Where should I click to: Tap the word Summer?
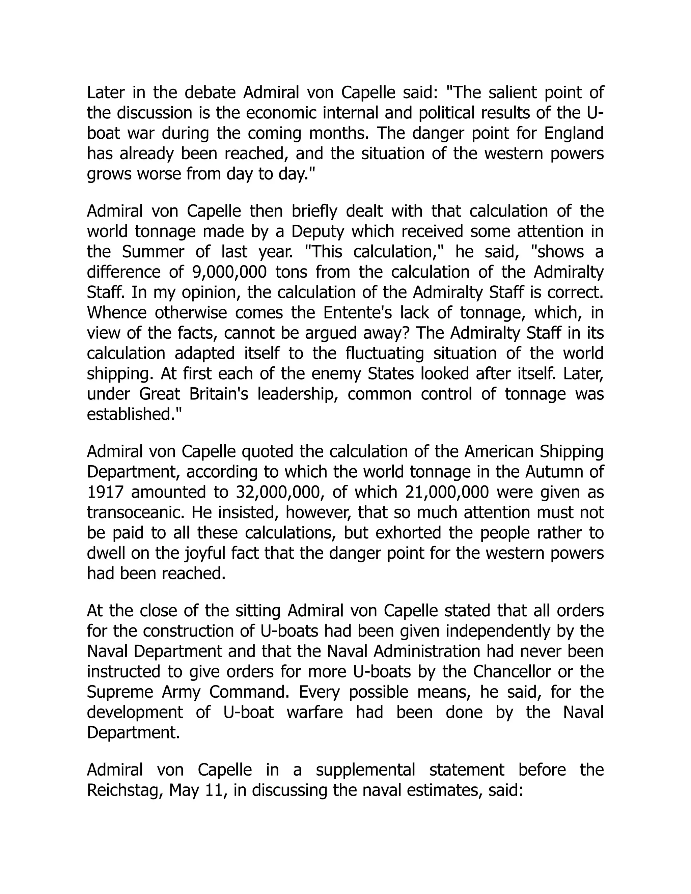[x=153, y=252]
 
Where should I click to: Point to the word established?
[x=134, y=414]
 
